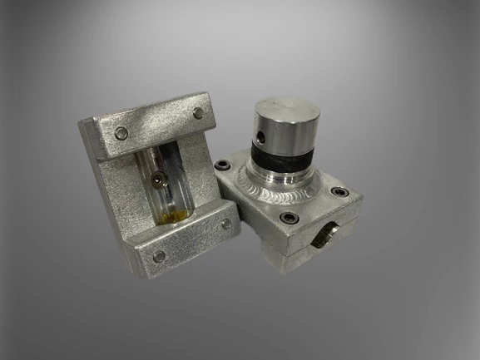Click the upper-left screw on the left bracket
point(121,132)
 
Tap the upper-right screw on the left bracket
point(197,112)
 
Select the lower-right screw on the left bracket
point(226,224)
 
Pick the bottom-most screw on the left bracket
point(159,256)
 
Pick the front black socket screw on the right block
point(289,218)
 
